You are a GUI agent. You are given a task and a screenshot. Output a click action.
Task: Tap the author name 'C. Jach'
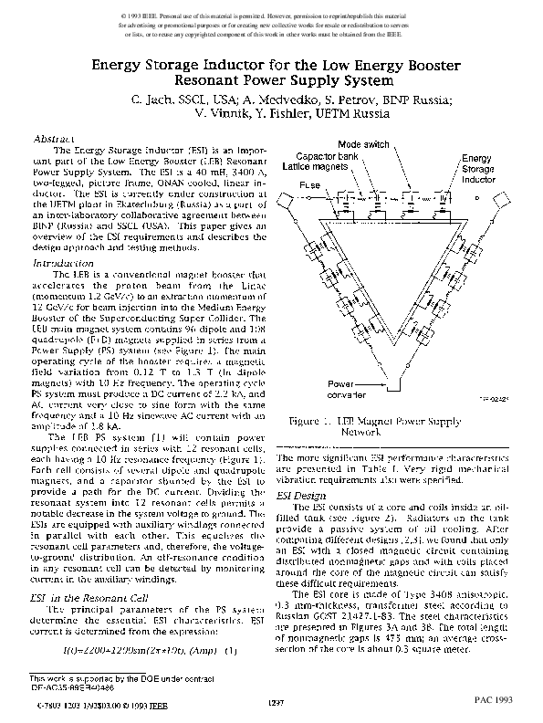pyautogui.click(x=151, y=98)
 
